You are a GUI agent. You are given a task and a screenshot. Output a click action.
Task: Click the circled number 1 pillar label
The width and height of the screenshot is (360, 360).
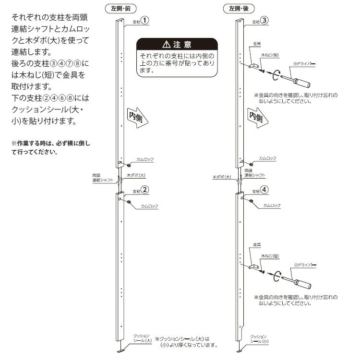(144, 21)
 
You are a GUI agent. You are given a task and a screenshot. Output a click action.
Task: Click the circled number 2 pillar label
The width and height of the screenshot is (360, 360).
(144, 190)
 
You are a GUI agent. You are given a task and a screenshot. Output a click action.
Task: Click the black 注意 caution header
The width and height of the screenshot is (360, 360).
(177, 45)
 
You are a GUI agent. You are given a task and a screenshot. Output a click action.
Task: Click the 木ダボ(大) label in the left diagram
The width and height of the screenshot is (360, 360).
(136, 176)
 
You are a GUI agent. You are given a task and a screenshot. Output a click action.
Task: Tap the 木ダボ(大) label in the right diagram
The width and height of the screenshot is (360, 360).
(221, 177)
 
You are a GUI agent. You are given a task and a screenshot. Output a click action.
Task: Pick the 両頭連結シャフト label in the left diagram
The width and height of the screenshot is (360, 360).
(103, 178)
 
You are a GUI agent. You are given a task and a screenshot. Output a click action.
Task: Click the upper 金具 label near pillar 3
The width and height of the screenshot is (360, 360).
(256, 43)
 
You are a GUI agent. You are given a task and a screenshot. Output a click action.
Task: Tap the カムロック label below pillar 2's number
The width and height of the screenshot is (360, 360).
(149, 205)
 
